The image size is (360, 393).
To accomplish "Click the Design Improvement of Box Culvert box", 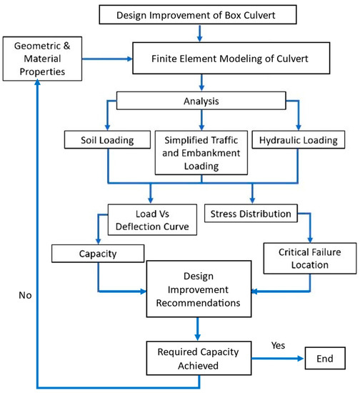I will pyautogui.click(x=195, y=14).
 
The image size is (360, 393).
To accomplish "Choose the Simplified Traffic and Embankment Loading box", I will pyautogui.click(x=195, y=151).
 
